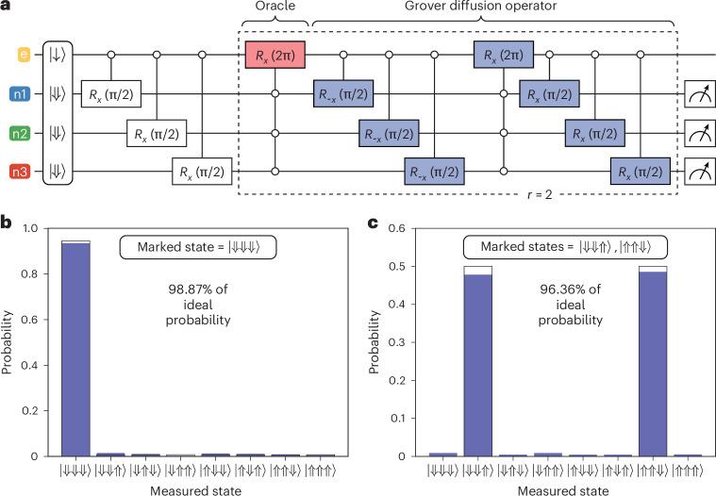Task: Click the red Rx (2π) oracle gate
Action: click(275, 54)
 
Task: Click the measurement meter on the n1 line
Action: click(699, 94)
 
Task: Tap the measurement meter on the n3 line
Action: click(699, 174)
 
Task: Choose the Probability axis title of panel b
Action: click(8, 342)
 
